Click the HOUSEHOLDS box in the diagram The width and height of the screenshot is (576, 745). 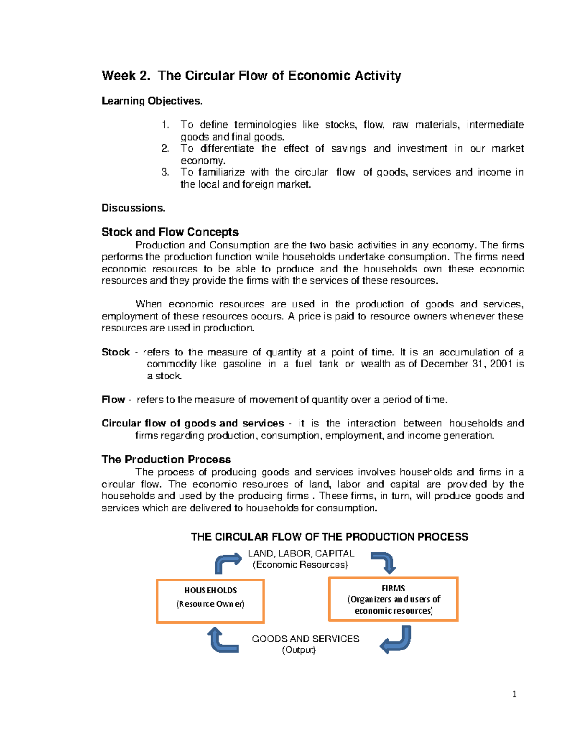(210, 601)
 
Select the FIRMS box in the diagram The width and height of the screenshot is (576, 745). (393, 599)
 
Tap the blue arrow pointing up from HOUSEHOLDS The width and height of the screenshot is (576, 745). (227, 563)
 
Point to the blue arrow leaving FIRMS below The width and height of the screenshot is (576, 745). (396, 640)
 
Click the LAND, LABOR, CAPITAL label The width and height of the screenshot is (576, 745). (301, 554)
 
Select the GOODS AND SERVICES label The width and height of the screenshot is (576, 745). (305, 639)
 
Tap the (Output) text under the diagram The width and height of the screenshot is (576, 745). (299, 650)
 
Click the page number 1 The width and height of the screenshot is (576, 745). (514, 694)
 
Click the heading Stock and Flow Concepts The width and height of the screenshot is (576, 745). (170, 232)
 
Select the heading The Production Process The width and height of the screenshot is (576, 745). (166, 460)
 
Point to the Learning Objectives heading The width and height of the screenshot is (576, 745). (152, 101)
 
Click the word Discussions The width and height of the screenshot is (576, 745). (133, 208)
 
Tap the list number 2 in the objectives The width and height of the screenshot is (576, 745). (165, 149)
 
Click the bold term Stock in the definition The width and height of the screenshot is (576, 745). (115, 352)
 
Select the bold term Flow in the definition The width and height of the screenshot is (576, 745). (113, 400)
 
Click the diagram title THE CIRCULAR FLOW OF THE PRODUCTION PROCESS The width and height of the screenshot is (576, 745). (329, 537)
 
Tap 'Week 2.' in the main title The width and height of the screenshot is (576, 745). (126, 76)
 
